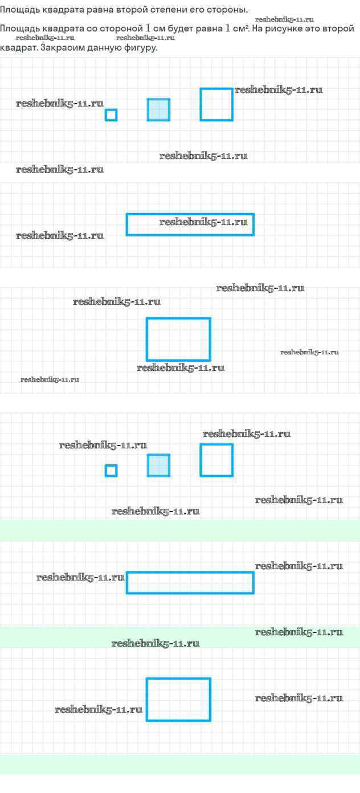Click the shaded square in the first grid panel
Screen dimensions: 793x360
(x=158, y=109)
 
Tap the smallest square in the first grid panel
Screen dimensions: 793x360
(x=111, y=115)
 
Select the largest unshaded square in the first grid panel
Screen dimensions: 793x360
(x=216, y=104)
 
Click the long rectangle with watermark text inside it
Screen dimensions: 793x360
(x=190, y=224)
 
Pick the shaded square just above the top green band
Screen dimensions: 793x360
(x=158, y=465)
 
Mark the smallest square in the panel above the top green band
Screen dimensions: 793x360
(x=111, y=471)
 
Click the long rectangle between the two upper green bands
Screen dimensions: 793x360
(x=190, y=582)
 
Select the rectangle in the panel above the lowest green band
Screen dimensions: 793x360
(x=178, y=700)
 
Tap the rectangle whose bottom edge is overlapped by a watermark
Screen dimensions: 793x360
(x=178, y=340)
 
